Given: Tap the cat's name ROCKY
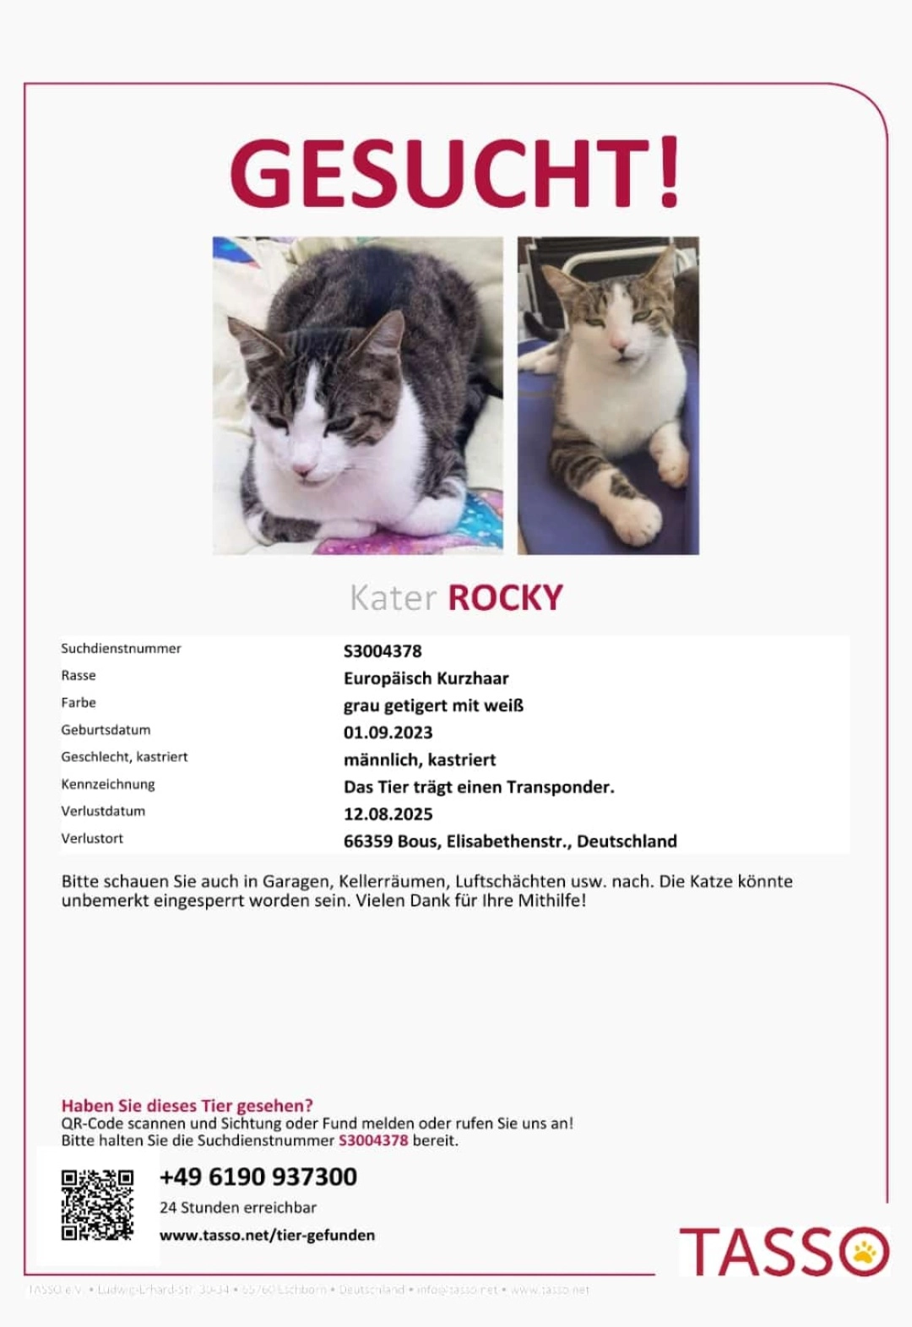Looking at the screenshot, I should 505,598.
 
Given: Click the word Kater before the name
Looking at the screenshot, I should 393,598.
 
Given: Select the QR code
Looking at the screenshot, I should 97,1205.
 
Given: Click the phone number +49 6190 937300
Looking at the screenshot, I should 258,1177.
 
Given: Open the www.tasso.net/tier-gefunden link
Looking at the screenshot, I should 267,1235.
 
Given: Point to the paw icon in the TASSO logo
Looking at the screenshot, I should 865,1252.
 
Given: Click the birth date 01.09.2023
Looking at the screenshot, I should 388,732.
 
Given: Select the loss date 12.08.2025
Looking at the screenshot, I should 388,814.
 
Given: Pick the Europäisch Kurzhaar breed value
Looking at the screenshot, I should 426,678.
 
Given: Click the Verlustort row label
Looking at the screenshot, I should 92,839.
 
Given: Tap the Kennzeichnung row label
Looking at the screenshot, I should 108,784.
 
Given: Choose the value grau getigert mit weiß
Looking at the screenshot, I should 433,705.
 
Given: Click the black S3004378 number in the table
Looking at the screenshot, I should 383,651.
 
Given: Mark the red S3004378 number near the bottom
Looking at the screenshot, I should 373,1140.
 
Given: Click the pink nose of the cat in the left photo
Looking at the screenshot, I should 302,468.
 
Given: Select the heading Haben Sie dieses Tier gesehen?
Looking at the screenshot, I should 187,1105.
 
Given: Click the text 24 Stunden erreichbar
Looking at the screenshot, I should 238,1207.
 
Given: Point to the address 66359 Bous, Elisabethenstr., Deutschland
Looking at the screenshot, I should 510,841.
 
